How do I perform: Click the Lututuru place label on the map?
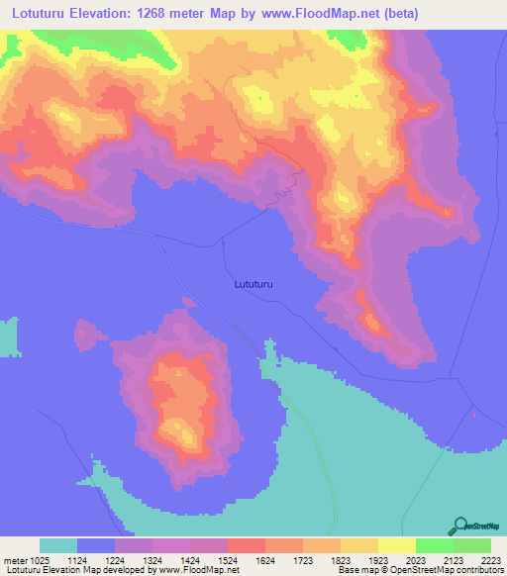coord(253,284)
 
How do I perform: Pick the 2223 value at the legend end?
coord(479,560)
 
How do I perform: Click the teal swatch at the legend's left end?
coord(58,545)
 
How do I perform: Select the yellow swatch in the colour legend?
coord(396,545)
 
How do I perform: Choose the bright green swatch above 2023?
coord(434,545)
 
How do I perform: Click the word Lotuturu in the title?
coord(48,14)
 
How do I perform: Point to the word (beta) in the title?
coord(396,14)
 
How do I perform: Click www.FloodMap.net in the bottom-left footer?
coord(203,570)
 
